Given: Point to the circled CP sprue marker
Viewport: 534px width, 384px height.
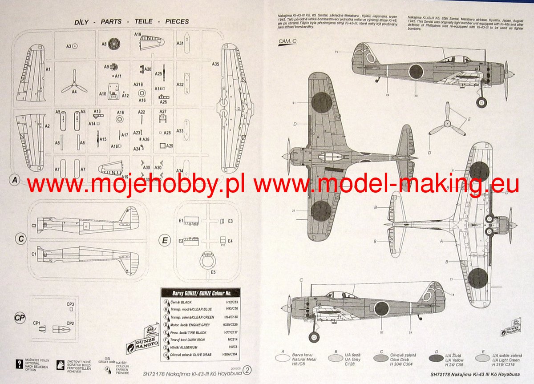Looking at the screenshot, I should pyautogui.click(x=19, y=318).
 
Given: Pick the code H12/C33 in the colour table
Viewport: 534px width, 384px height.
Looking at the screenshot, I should pyautogui.click(x=232, y=302).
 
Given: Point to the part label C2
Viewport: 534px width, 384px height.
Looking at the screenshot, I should pyautogui.click(x=34, y=226).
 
